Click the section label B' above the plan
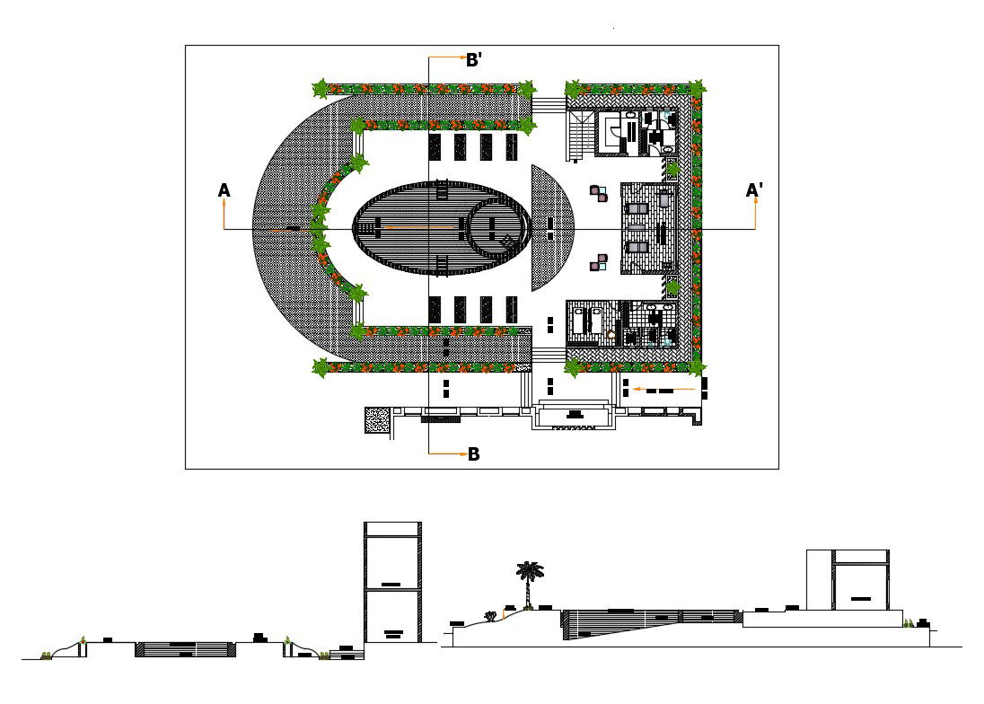pos(474,60)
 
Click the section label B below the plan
pos(473,454)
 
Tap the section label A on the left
pos(224,190)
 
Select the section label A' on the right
pos(754,190)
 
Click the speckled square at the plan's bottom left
pos(377,419)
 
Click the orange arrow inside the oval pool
pos(422,228)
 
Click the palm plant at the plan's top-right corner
pos(697,88)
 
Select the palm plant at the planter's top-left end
pos(321,88)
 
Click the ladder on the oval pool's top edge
pos(442,190)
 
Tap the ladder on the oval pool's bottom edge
pos(442,263)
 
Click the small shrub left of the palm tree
pos(491,616)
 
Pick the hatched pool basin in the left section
pos(184,648)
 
